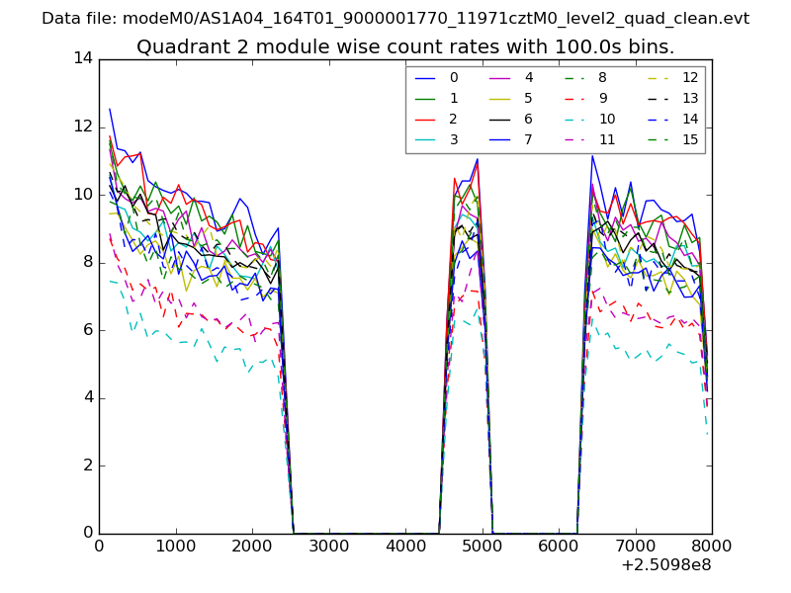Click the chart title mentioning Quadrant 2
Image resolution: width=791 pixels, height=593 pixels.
405,47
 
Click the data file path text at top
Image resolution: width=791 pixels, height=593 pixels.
395,19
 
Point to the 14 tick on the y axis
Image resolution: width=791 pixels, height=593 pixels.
83,59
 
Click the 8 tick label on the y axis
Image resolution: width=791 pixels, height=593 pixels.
87,263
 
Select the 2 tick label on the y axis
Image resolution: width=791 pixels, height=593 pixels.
87,466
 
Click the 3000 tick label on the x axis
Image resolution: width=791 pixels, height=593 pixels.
328,546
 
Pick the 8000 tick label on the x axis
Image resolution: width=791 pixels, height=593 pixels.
712,546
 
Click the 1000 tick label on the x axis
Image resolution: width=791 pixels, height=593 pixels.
175,546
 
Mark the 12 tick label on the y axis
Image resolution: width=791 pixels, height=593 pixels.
83,127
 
